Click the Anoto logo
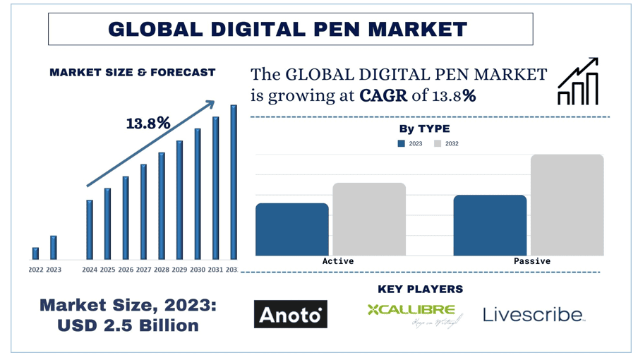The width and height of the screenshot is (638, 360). pyautogui.click(x=290, y=313)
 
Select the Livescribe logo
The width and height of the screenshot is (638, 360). pyautogui.click(x=534, y=315)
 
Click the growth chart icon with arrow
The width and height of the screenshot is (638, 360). pyautogui.click(x=578, y=82)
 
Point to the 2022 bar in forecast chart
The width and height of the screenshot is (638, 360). pyautogui.click(x=35, y=253)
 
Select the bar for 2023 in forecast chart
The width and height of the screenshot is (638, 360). pyautogui.click(x=54, y=248)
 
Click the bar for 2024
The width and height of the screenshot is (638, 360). pyautogui.click(x=90, y=229)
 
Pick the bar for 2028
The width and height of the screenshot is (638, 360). pyautogui.click(x=162, y=205)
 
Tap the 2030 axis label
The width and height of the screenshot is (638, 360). pyautogui.click(x=198, y=270)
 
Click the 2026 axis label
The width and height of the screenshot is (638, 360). pyautogui.click(x=126, y=270)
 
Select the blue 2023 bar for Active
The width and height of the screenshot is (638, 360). pyautogui.click(x=291, y=229)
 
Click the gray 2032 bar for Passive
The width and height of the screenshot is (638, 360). pyautogui.click(x=567, y=205)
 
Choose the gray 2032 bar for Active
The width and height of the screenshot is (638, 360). pyautogui.click(x=369, y=219)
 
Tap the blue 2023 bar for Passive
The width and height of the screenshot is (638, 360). pyautogui.click(x=490, y=225)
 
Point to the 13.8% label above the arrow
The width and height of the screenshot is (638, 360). pyautogui.click(x=148, y=124)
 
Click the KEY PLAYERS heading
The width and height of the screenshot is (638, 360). pyautogui.click(x=420, y=289)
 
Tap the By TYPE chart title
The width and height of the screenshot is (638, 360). pyautogui.click(x=424, y=128)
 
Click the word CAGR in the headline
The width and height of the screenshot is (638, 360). pyautogui.click(x=383, y=96)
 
